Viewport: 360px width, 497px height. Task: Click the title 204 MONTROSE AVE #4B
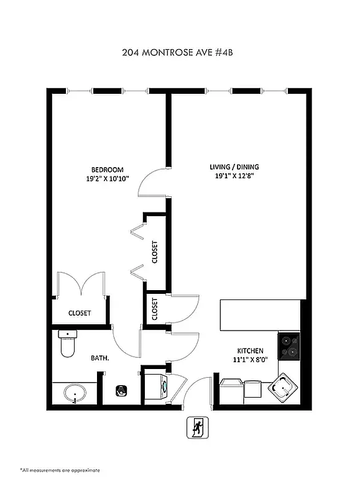(180, 53)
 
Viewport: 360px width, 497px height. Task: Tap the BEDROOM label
(108, 170)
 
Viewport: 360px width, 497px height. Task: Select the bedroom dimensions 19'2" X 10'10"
(108, 180)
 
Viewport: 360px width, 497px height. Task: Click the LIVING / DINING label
(234, 167)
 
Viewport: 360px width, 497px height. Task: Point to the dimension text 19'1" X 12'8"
(234, 176)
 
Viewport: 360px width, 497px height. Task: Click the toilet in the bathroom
(67, 344)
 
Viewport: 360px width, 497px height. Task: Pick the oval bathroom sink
(75, 393)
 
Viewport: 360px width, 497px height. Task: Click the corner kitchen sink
(283, 387)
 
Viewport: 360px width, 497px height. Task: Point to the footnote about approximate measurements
(60, 470)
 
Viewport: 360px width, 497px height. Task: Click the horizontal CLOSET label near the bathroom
(80, 313)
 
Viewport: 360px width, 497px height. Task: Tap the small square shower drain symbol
(121, 391)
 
